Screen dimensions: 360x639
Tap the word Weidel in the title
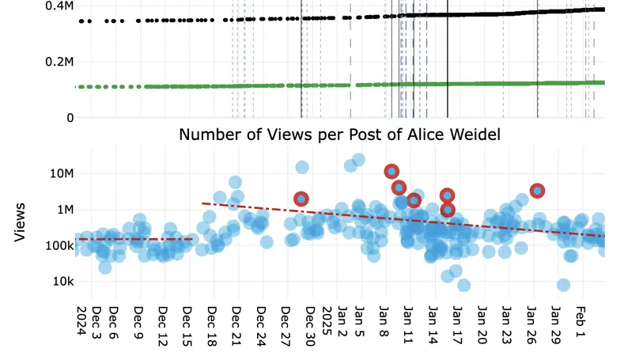point(471,135)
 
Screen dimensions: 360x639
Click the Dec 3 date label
point(96,322)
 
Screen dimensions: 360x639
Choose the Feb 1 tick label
point(580,322)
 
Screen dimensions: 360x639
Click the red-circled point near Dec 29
point(301,199)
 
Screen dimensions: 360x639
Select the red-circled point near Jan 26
point(538,191)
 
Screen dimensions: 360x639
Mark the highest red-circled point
point(391,172)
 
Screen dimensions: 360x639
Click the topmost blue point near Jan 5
point(358,160)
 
